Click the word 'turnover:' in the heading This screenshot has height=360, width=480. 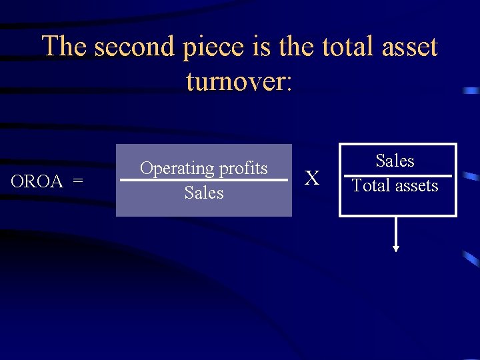click(239, 81)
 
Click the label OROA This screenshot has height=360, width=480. click(37, 181)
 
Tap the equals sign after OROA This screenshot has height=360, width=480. click(78, 181)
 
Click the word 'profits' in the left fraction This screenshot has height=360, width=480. click(241, 169)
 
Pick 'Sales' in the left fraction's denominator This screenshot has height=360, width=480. click(204, 193)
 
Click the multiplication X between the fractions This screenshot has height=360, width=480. click(312, 178)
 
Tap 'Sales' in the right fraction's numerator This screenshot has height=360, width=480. click(395, 161)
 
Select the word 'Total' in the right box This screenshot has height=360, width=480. click(371, 186)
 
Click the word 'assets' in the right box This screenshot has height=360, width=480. click(416, 186)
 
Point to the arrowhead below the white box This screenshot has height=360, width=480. click(396, 248)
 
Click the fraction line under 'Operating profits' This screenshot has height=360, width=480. click(204, 180)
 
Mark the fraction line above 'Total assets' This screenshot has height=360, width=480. click(397, 176)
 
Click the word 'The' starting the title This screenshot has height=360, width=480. click(65, 47)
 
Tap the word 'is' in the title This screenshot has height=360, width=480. click(261, 47)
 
